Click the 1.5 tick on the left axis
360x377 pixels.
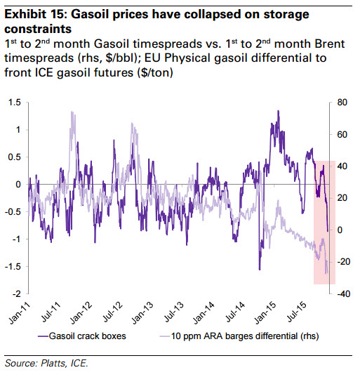point(14,102)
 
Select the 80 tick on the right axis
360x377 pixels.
point(342,102)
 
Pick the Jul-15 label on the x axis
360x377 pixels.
point(297,312)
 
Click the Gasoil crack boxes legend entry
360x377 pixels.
point(82,336)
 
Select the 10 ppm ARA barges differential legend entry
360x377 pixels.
point(239,336)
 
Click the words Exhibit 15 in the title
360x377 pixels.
point(34,14)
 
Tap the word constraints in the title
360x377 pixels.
point(38,29)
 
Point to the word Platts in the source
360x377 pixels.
point(53,363)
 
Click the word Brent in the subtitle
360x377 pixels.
point(330,44)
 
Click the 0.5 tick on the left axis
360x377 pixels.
point(14,157)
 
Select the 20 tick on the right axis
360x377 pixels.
point(342,198)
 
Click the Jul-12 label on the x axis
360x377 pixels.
point(113,312)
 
